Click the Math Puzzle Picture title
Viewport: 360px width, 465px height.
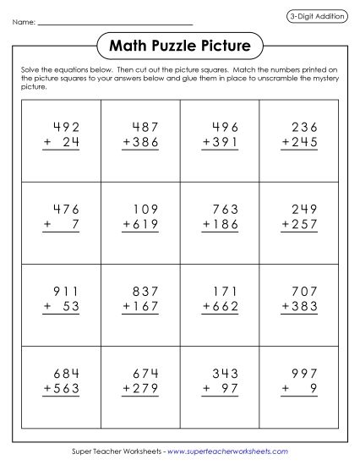(x=179, y=43)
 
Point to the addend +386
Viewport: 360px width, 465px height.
(x=140, y=143)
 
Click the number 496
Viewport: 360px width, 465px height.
(x=222, y=128)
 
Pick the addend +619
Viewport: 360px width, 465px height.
(x=140, y=224)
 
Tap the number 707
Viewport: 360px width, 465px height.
(x=302, y=289)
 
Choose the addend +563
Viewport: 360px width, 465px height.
(x=61, y=386)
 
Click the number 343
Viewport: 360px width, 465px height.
(x=222, y=370)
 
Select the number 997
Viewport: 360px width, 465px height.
(x=302, y=370)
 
